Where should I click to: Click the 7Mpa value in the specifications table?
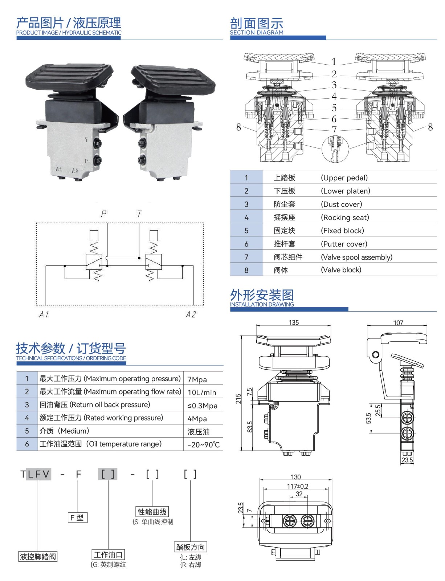[197, 379]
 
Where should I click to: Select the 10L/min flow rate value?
[202, 393]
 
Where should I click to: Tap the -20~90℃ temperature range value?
[203, 445]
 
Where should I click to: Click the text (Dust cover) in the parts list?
[341, 204]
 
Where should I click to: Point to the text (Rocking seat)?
[345, 218]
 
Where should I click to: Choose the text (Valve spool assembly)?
[356, 257]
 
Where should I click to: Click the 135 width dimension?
[293, 322]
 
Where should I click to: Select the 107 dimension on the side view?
[398, 323]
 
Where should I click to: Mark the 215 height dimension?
[238, 399]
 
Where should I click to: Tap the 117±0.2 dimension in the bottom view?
[298, 486]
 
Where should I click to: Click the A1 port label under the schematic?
[44, 314]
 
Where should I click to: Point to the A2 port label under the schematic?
[191, 314]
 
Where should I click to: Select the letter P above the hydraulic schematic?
[104, 214]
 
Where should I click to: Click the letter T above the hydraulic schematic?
[139, 214]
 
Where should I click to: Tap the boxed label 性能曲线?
[152, 512]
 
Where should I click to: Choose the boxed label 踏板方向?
[190, 547]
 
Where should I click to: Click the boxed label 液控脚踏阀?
[38, 557]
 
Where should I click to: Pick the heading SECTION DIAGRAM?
[257, 32]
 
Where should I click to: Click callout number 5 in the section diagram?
[334, 108]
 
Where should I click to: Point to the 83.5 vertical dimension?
[250, 427]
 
